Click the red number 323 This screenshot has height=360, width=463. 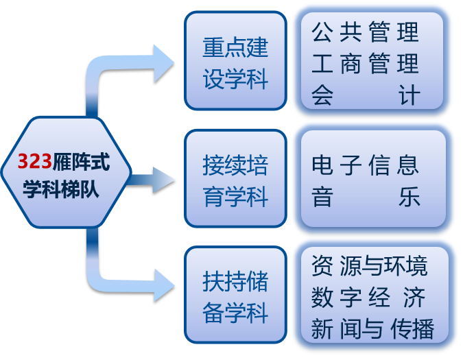(x=34, y=161)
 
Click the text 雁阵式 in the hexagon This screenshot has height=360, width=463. (x=81, y=161)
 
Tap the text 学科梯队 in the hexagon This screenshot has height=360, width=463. (x=61, y=189)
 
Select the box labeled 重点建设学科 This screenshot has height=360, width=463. (x=236, y=61)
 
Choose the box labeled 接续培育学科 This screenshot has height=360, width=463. (x=236, y=178)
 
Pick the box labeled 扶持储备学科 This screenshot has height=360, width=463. (x=236, y=295)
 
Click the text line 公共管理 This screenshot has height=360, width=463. (x=366, y=32)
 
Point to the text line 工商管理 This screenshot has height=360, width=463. (x=366, y=63)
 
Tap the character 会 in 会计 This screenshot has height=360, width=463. (x=322, y=95)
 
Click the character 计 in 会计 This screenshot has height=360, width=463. (x=409, y=95)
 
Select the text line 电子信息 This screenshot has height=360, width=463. (x=366, y=165)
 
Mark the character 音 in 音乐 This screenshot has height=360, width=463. (x=322, y=197)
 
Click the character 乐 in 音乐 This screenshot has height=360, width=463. (x=409, y=197)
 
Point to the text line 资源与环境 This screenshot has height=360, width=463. (x=370, y=266)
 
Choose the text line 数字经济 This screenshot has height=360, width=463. (x=368, y=298)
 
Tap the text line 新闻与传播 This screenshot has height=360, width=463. (x=372, y=328)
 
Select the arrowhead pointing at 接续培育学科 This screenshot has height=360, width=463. (x=164, y=180)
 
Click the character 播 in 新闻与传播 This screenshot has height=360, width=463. (x=423, y=328)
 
